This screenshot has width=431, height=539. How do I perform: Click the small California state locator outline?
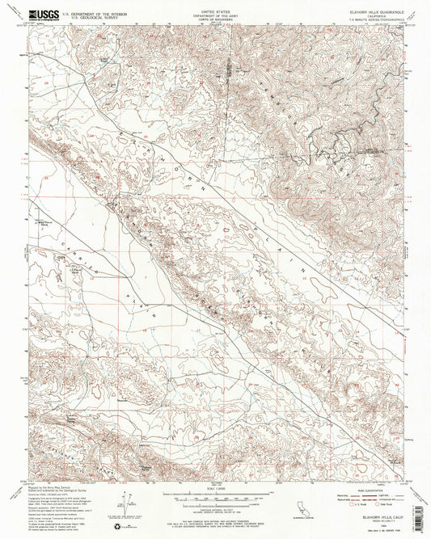306,504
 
